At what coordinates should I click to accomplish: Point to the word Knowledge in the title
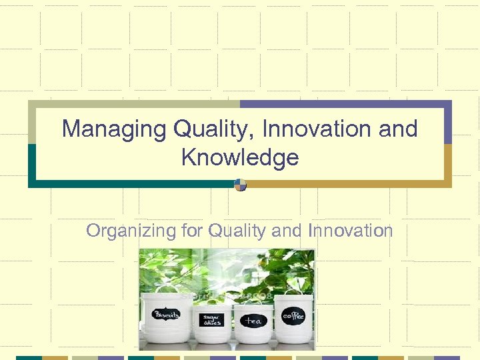[239, 158]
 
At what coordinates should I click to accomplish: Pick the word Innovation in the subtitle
[351, 231]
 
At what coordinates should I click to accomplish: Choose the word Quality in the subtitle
[235, 231]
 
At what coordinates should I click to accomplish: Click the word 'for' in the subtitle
[191, 231]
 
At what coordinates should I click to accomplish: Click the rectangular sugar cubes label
[212, 320]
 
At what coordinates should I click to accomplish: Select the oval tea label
[253, 321]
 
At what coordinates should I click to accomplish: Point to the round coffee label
[293, 315]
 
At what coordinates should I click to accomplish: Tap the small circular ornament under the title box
[240, 185]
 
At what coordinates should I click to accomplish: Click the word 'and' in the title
[397, 129]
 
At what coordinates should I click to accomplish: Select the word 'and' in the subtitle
[287, 231]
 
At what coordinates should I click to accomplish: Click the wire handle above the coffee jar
[294, 294]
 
